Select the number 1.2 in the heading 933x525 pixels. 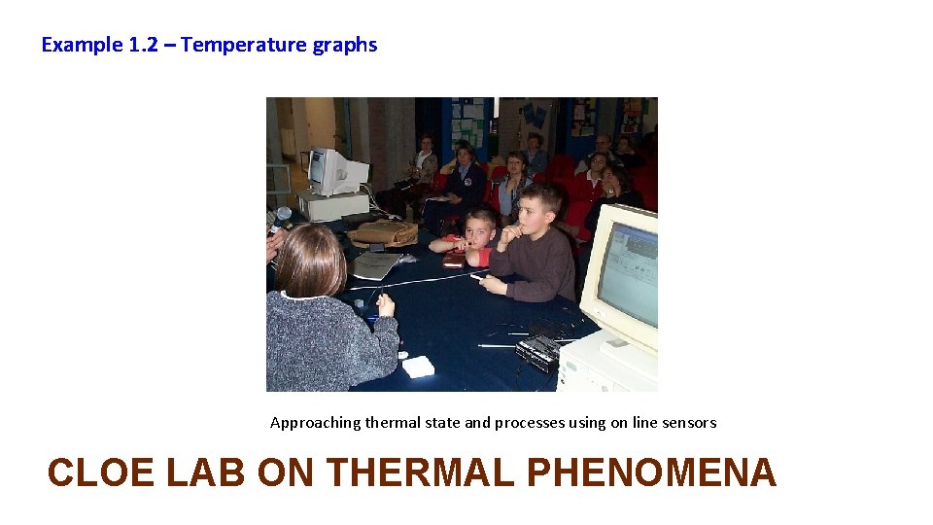(140, 45)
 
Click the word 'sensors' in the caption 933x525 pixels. (689, 423)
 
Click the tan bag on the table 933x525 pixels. (383, 232)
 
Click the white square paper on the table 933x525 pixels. (418, 366)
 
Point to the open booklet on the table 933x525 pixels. (373, 263)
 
